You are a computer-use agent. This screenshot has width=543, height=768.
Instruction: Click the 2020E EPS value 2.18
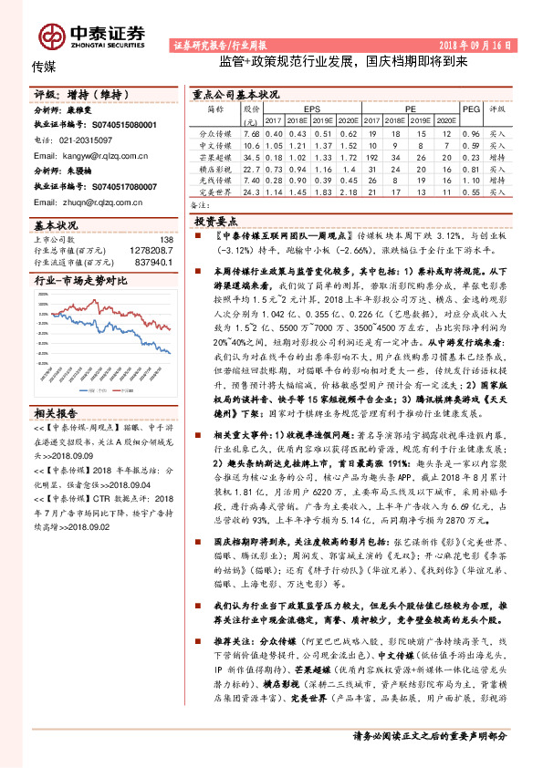[348, 192]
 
